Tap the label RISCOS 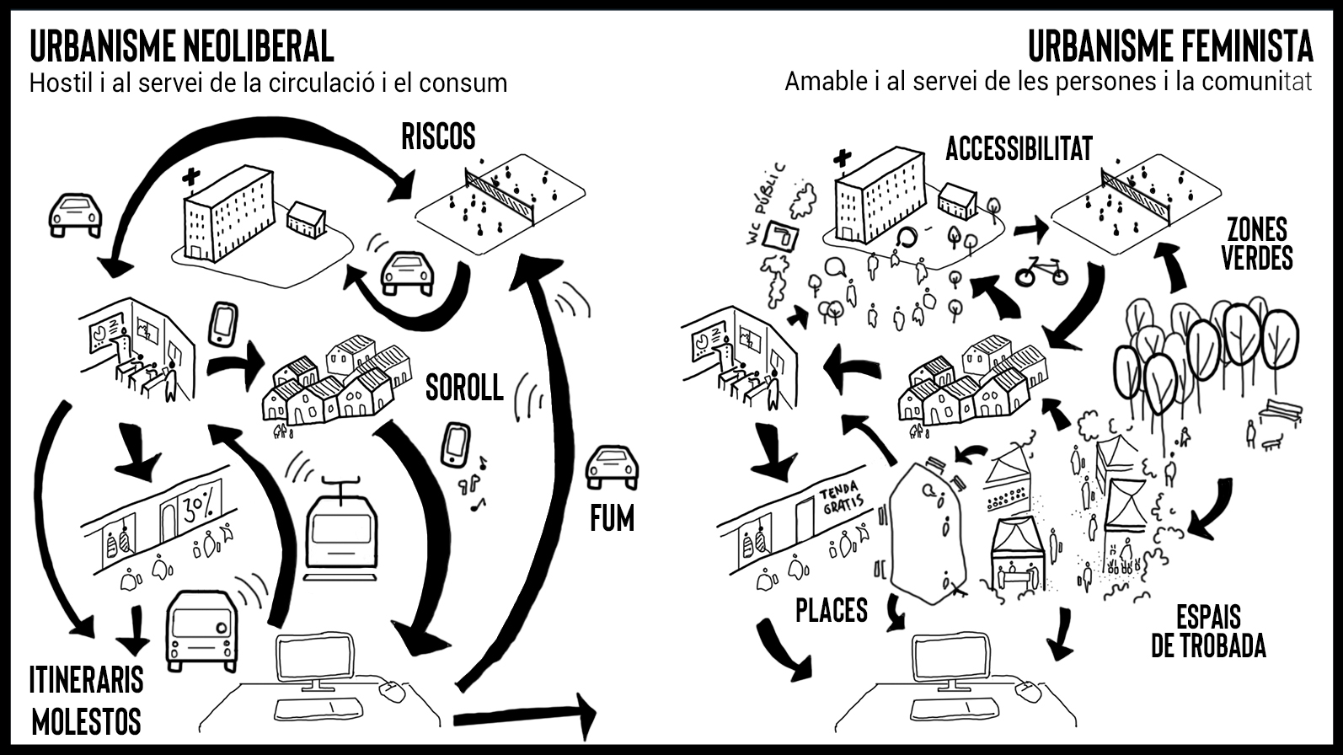pyautogui.click(x=438, y=136)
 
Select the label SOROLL pyautogui.click(x=464, y=388)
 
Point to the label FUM pyautogui.click(x=612, y=519)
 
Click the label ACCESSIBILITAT pyautogui.click(x=1019, y=149)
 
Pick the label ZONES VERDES pyautogui.click(x=1257, y=243)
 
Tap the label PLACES pyautogui.click(x=832, y=610)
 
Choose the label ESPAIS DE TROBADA pyautogui.click(x=1208, y=630)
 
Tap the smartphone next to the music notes pyautogui.click(x=456, y=445)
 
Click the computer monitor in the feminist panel pyautogui.click(x=950, y=660)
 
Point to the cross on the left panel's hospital pyautogui.click(x=192, y=177)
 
